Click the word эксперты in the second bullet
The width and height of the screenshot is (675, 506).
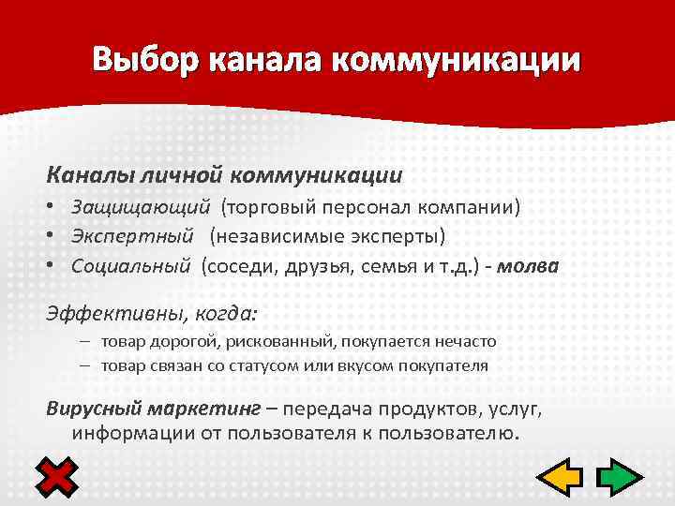click(394, 235)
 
